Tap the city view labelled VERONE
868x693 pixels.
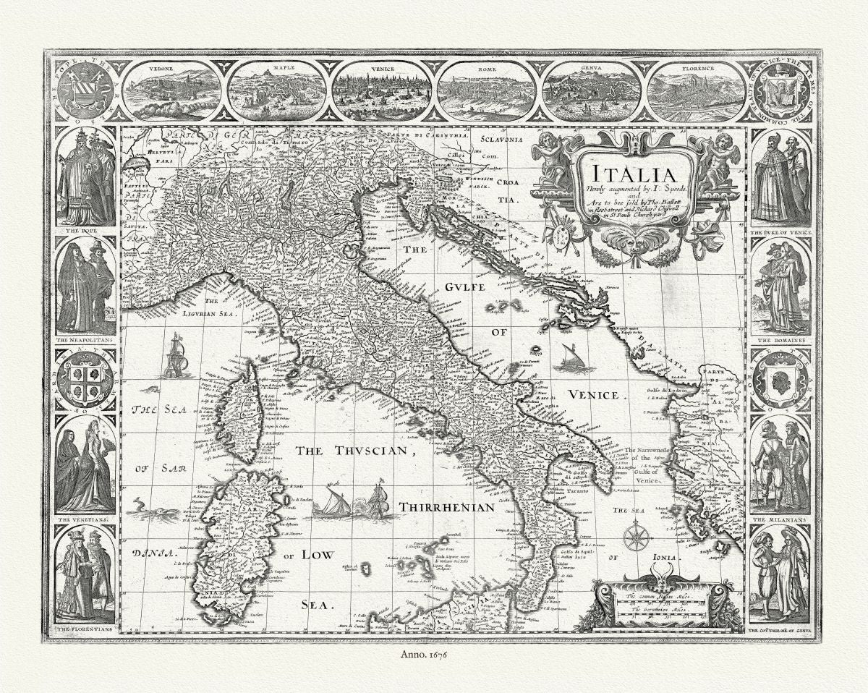[170, 92]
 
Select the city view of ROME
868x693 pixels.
[487, 92]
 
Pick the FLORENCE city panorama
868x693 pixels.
[696, 92]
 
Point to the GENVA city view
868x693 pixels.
[591, 92]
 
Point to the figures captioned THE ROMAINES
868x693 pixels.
[780, 286]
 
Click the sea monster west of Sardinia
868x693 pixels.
[153, 512]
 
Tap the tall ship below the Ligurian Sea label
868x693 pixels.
[176, 356]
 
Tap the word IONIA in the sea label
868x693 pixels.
[663, 557]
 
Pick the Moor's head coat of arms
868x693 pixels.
[780, 380]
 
